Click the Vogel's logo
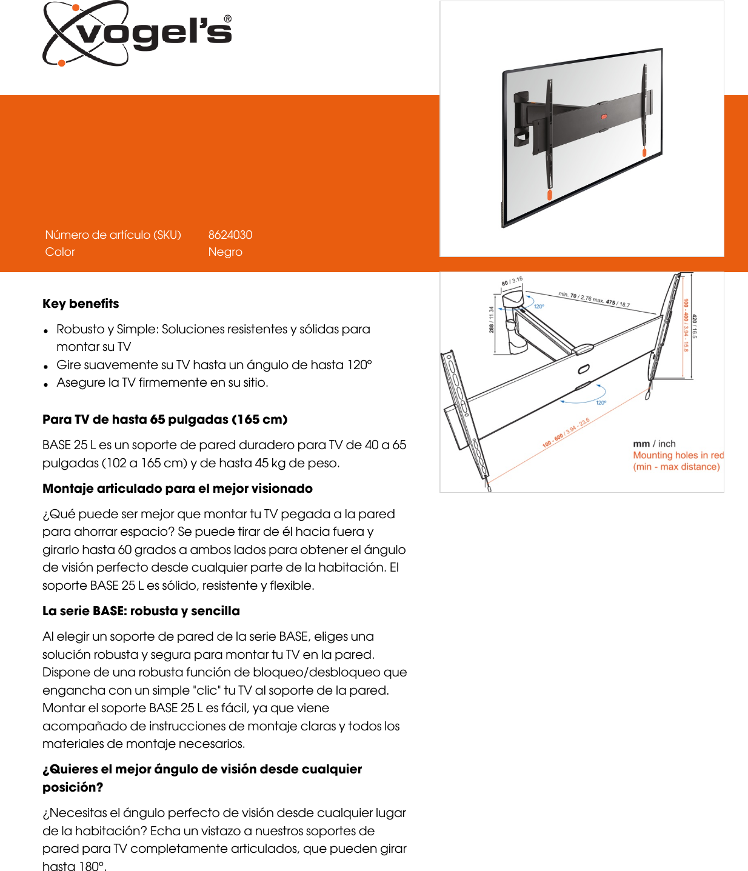coord(137,33)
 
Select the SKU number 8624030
coord(230,235)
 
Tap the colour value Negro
coord(225,252)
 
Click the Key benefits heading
coord(81,304)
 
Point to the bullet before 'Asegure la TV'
coord(46,384)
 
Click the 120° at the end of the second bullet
coord(359,365)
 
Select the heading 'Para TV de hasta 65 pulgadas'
coord(165,419)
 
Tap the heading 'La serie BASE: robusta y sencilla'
coord(141,611)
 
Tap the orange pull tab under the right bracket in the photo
coord(644,152)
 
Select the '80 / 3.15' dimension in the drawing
coord(512,281)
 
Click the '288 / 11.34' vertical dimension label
coord(492,319)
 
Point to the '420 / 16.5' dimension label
coord(695,326)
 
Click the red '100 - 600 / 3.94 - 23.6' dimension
coord(566,432)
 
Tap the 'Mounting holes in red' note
coord(678,455)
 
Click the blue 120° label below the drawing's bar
coord(601,402)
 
